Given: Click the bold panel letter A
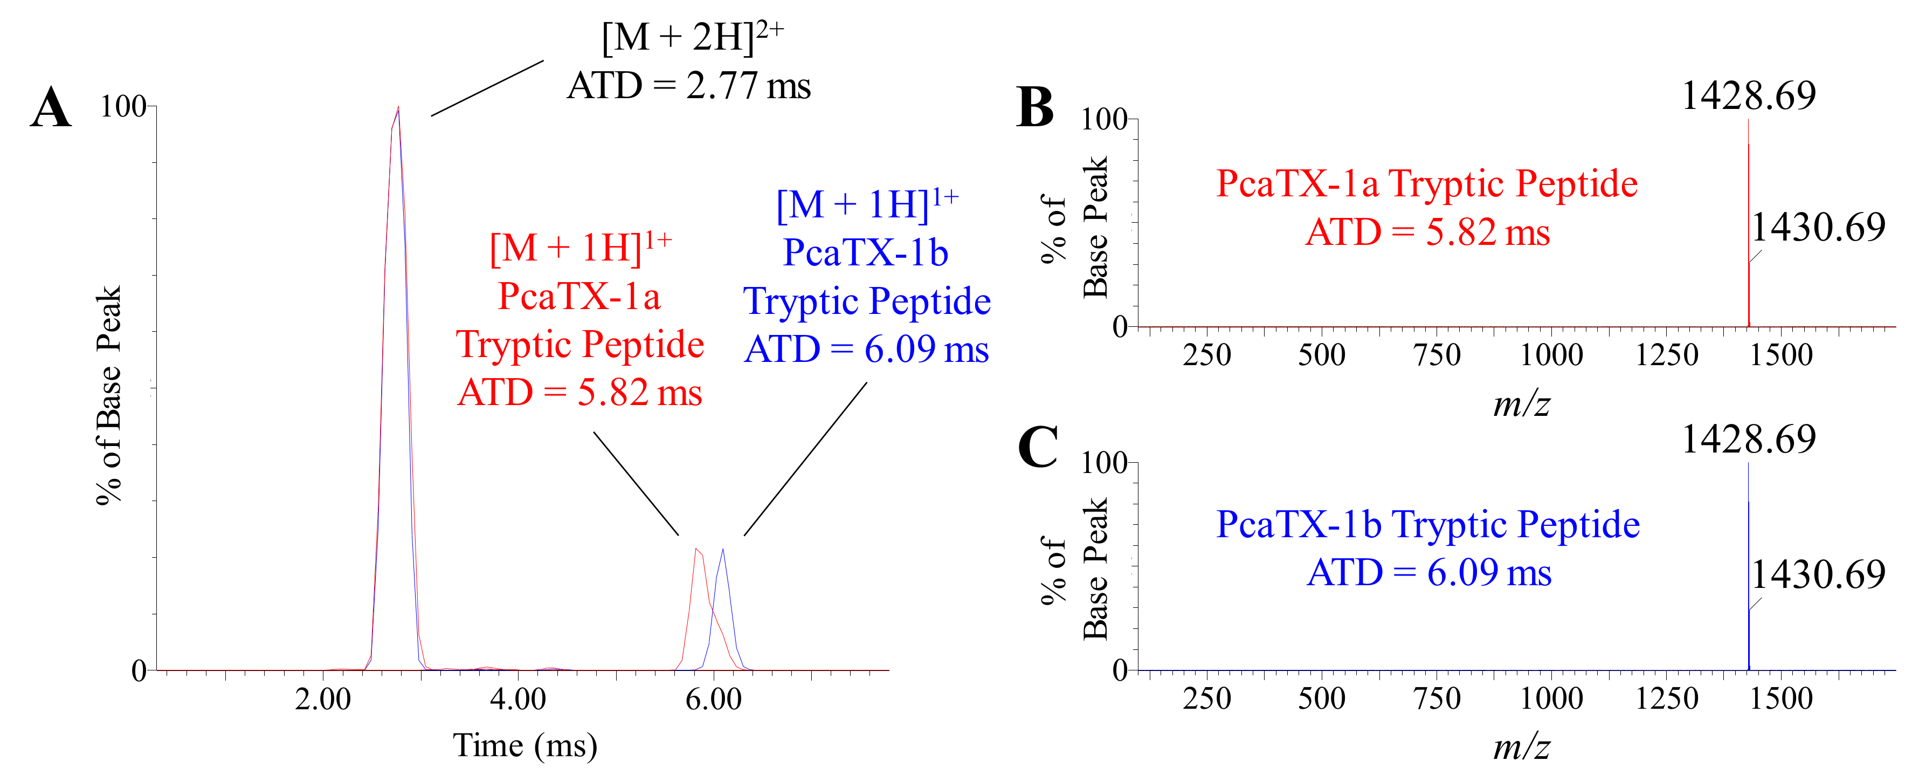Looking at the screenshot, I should [x=51, y=108].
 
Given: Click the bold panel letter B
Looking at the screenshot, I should [x=1036, y=108].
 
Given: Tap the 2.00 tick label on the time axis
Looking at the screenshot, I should [x=322, y=700].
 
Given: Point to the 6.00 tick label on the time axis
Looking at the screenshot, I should [x=714, y=700].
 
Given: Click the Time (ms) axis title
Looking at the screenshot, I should [x=525, y=745].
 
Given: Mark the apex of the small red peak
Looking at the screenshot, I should [x=696, y=549].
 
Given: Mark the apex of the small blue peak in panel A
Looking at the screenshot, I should [x=723, y=550].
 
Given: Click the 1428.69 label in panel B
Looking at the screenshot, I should [x=1749, y=95].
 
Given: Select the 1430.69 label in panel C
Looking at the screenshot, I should [x=1818, y=574].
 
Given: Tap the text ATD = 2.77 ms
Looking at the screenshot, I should [x=688, y=85].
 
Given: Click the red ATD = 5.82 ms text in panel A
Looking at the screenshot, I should [x=579, y=393].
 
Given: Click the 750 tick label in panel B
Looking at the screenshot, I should [x=1437, y=355].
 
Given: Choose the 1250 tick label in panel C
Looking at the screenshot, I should [x=1667, y=699].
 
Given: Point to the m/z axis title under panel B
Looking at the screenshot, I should [x=1521, y=405].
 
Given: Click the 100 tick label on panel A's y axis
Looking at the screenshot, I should [x=123, y=107].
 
